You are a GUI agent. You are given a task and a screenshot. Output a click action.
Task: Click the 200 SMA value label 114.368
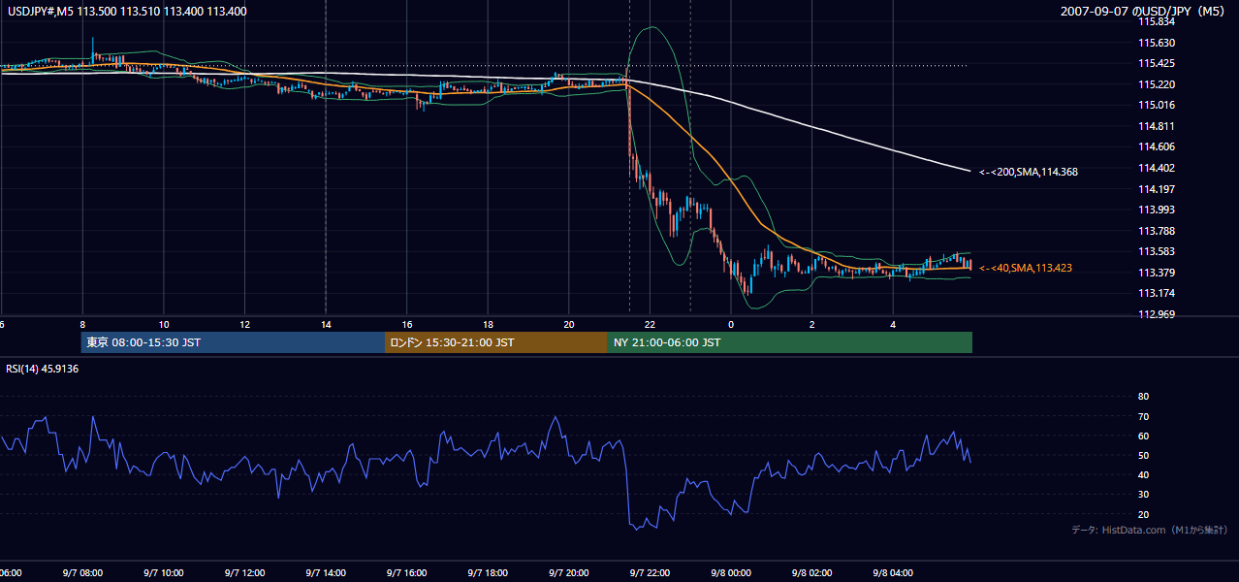pos(1029,172)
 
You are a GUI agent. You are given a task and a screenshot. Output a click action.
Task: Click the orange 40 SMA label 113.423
pos(1026,269)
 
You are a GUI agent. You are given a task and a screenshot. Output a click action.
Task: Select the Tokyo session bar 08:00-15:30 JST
pos(233,342)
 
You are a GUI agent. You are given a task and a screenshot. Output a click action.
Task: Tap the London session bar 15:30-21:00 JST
pos(496,342)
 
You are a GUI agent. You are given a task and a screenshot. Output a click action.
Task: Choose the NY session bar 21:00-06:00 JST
pos(790,342)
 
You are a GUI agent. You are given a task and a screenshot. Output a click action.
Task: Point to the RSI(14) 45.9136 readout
pos(42,369)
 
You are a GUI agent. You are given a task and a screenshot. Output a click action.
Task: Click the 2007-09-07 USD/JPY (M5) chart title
pos(1142,11)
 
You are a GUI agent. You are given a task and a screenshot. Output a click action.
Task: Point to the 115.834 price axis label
pos(1157,22)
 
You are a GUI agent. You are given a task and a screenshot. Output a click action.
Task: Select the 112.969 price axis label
pos(1157,314)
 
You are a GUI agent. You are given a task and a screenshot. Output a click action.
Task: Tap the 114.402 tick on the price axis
pos(1157,168)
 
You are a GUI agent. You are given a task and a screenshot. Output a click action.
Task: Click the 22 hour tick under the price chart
pos(650,325)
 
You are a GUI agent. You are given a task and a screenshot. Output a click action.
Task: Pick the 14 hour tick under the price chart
pos(326,325)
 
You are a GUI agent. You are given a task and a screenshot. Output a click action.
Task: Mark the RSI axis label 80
pos(1143,396)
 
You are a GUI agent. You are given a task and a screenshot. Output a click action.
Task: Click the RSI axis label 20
pos(1143,514)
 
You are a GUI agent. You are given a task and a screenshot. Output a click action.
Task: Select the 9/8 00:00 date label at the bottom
pos(731,573)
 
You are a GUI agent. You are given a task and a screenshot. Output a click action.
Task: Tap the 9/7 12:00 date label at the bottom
pos(244,573)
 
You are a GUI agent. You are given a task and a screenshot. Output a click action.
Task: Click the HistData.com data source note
pos(1150,530)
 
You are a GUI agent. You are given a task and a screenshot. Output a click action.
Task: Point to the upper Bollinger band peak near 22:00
pos(653,26)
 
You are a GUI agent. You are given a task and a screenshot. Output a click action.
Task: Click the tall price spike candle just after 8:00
pos(93,48)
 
